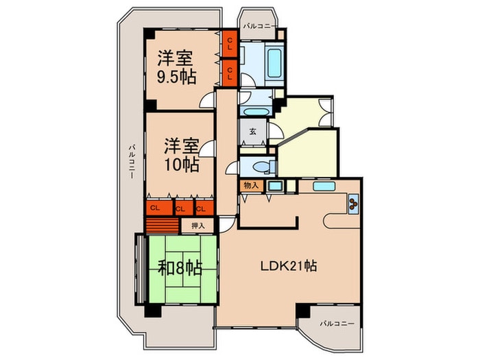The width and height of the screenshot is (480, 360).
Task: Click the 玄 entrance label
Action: [252, 132]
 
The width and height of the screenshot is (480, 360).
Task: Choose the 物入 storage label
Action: [250, 185]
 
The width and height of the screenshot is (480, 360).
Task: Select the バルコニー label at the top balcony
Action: [259, 26]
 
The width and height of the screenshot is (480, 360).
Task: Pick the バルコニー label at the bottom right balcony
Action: [336, 322]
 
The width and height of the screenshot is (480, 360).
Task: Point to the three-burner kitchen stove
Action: [353, 203]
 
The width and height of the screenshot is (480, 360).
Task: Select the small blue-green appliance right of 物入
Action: [274, 186]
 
